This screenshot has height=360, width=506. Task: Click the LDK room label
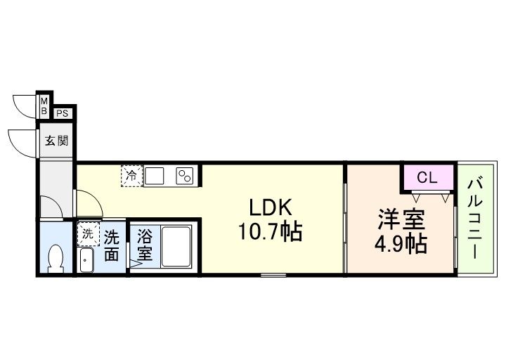(x=267, y=208)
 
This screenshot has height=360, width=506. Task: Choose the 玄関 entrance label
(x=57, y=141)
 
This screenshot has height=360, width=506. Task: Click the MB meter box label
(x=44, y=105)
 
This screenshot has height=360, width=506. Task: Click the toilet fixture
(x=55, y=258)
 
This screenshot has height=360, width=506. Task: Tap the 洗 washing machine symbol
(x=88, y=233)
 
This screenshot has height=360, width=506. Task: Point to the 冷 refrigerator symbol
(x=131, y=176)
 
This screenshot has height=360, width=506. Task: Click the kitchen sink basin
(x=155, y=175)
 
